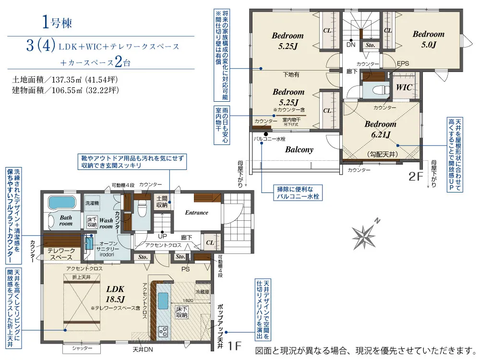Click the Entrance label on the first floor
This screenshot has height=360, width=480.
(197, 212)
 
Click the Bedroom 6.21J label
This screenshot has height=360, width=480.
(380, 129)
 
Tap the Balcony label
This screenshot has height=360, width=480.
(299, 149)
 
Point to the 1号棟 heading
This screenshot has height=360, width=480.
(57, 22)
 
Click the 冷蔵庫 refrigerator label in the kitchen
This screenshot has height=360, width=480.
(202, 291)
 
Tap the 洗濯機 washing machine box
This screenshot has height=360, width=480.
(92, 203)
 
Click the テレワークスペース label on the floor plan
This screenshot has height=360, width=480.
(61, 254)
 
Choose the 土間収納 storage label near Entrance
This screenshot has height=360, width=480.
(162, 202)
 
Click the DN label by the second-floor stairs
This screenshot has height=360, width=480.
(350, 45)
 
